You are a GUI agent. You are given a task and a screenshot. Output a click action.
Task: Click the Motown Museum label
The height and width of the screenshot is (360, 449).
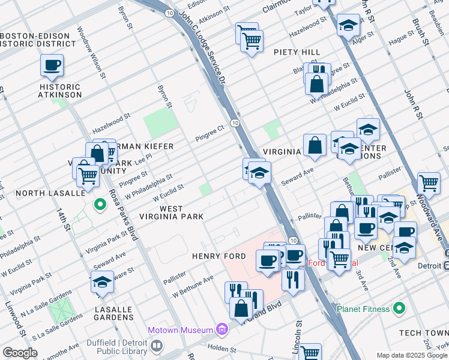pyautogui.click(x=181, y=330)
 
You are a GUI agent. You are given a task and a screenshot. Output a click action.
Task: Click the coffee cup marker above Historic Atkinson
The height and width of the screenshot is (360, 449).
pyautogui.click(x=52, y=65)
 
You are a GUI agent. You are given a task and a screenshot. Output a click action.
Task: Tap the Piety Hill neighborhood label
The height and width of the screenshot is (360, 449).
pyautogui.click(x=297, y=52)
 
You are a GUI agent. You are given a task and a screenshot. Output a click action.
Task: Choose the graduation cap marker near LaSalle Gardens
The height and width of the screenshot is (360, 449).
pyautogui.click(x=103, y=282)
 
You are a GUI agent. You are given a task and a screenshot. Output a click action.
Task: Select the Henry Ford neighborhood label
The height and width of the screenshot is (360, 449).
pyautogui.click(x=218, y=256)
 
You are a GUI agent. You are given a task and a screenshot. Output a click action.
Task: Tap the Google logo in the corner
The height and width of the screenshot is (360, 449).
pyautogui.click(x=20, y=353)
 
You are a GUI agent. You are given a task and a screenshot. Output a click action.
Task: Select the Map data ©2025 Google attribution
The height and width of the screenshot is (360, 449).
pyautogui.click(x=412, y=355)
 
